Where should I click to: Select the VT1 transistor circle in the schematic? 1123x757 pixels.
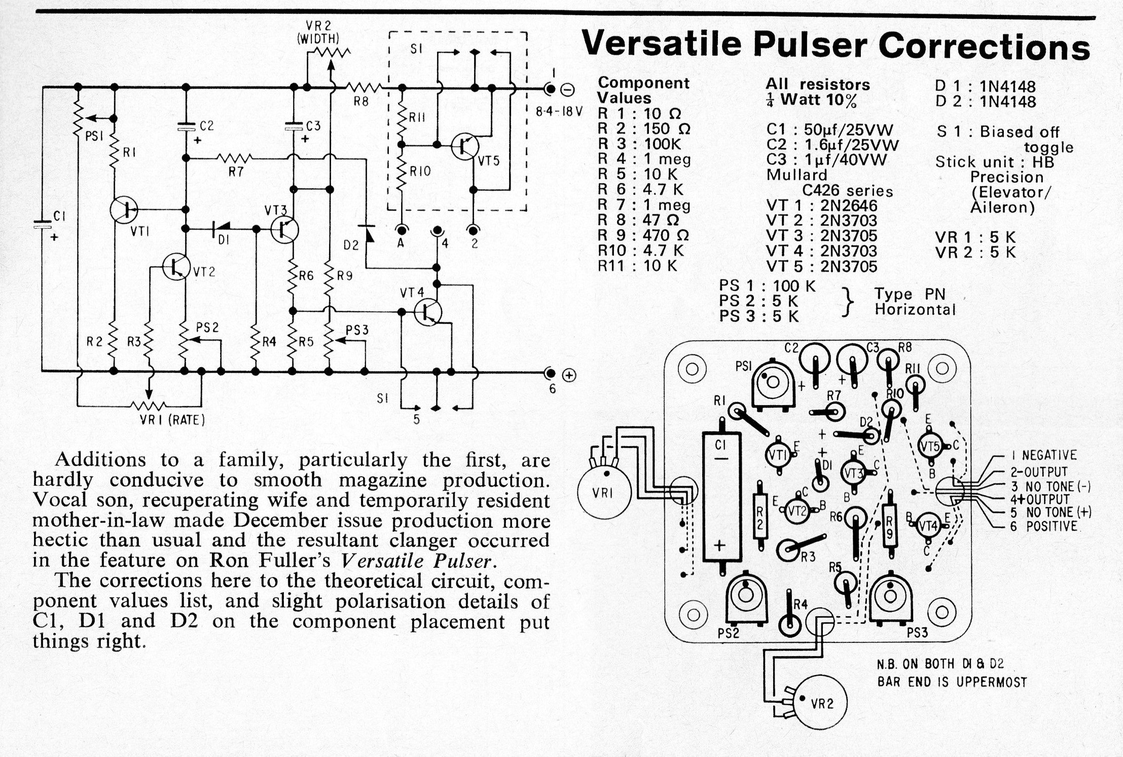tap(123, 209)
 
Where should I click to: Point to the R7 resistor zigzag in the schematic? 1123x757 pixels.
tap(235, 159)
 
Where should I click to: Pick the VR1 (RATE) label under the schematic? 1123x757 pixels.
tap(172, 420)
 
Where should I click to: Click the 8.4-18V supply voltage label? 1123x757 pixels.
tap(559, 111)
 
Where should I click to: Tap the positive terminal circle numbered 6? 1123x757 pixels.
tap(550, 374)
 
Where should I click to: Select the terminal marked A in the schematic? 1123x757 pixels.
tap(401, 230)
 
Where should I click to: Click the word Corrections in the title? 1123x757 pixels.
tap(984, 47)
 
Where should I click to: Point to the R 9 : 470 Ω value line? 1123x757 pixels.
tap(643, 235)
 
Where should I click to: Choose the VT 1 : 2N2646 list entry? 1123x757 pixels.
tap(821, 206)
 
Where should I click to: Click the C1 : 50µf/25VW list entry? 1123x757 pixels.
tap(829, 130)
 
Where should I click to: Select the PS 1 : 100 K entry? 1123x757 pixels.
tap(767, 286)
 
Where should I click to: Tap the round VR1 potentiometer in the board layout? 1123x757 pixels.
tap(604, 491)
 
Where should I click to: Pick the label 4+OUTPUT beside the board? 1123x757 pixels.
tap(1039, 499)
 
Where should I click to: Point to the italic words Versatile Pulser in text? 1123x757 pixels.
tap(416, 561)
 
